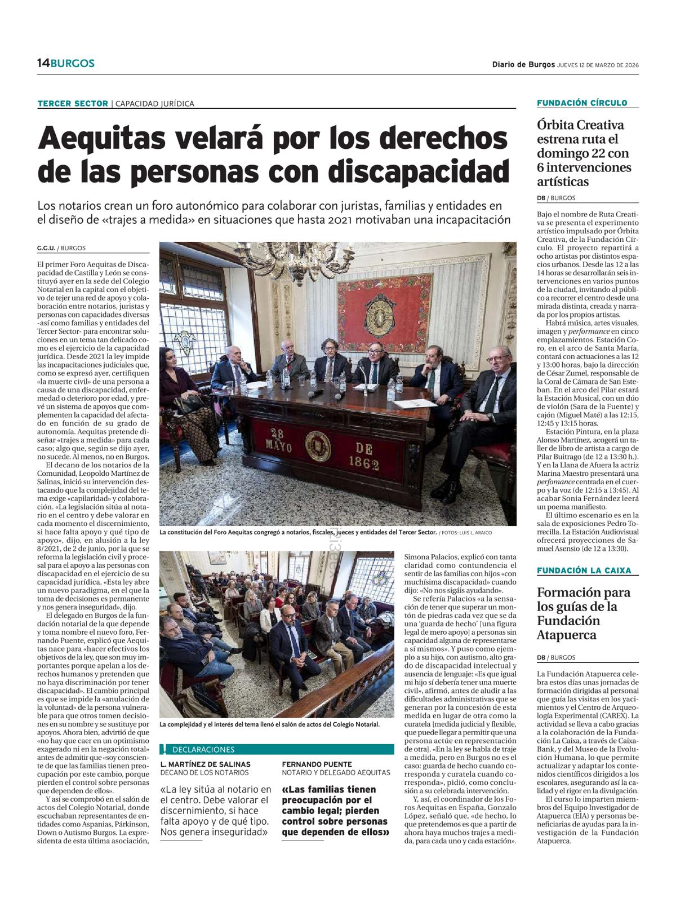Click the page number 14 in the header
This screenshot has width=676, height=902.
click(x=43, y=63)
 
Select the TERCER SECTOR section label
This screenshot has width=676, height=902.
click(x=73, y=103)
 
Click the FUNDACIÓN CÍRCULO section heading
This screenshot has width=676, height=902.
click(x=582, y=103)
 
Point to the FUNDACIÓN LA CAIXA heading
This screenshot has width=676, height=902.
click(x=584, y=571)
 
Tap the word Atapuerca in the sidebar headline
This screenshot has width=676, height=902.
click(x=567, y=635)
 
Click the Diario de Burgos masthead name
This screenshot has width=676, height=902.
click(x=523, y=64)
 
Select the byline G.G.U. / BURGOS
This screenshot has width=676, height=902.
click(x=61, y=248)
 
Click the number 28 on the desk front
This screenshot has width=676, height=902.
click(x=277, y=433)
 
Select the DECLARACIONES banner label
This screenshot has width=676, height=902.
click(x=203, y=750)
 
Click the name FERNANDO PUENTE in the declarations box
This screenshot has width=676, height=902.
click(x=317, y=764)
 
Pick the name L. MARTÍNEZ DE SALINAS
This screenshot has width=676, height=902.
click(x=206, y=764)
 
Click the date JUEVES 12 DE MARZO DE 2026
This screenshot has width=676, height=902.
click(x=598, y=64)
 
